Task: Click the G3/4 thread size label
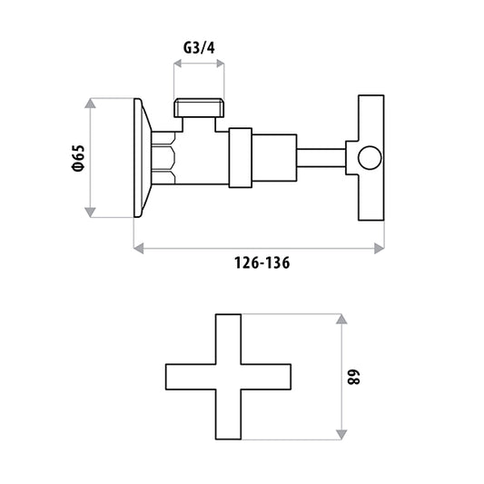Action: tap(199, 48)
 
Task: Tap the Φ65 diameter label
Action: tap(77, 158)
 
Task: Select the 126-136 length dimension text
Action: tap(262, 263)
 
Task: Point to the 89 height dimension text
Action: tap(353, 377)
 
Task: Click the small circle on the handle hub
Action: tap(370, 158)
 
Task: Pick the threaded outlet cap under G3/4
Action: tap(199, 108)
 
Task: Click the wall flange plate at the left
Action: tap(143, 158)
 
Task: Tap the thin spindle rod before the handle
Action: tap(321, 158)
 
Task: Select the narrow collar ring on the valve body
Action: tap(241, 158)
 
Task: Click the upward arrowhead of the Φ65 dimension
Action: tap(90, 104)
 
